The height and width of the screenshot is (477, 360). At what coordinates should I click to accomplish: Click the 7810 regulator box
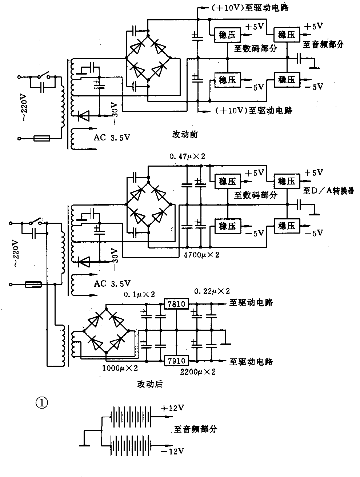point(176,303)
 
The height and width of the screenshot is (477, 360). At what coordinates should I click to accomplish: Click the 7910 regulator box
point(176,361)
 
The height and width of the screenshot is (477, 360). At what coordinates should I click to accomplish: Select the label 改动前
point(185,134)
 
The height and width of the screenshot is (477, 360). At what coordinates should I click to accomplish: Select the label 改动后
point(149,384)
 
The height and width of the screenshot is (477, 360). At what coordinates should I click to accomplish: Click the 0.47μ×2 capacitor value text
point(187,157)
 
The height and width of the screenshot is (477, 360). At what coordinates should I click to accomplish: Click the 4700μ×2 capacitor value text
point(201,255)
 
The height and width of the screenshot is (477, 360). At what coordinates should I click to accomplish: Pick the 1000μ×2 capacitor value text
point(120,368)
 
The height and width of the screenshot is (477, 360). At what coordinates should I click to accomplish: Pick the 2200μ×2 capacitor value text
point(198,371)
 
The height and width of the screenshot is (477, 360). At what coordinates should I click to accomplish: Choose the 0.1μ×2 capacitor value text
point(139,294)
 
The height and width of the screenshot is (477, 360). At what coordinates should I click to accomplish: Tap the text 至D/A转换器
point(328,191)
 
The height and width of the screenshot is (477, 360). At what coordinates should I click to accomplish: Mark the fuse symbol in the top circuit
point(41,138)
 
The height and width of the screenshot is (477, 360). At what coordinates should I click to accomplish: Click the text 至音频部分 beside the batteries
point(196,429)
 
